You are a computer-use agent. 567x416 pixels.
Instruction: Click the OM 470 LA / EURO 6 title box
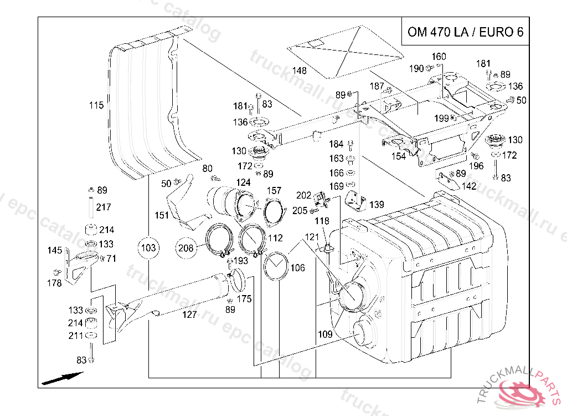(465, 32)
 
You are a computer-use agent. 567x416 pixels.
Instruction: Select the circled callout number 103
(148, 247)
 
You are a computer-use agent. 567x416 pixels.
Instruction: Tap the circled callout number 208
(186, 248)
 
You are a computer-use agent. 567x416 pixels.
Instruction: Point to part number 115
(96, 105)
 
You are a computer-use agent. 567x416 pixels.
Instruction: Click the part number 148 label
(300, 70)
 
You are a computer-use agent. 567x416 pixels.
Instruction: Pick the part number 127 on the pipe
(189, 314)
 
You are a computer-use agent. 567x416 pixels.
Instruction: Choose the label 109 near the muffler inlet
(325, 334)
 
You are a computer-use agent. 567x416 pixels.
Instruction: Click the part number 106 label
(297, 268)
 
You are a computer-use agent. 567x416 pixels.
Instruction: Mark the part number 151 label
(162, 215)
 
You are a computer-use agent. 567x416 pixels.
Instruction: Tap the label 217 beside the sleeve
(104, 207)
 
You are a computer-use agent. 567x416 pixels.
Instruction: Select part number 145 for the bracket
(54, 251)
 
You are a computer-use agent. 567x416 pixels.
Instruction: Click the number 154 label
(398, 156)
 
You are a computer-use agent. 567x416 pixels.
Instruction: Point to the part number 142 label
(468, 186)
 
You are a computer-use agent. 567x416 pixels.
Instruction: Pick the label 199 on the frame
(441, 118)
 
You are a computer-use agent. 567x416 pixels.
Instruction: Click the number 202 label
(304, 195)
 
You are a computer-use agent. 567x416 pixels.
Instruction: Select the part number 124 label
(243, 182)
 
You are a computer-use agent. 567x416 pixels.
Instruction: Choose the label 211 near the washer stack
(75, 336)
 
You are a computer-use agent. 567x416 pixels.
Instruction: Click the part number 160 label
(439, 57)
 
